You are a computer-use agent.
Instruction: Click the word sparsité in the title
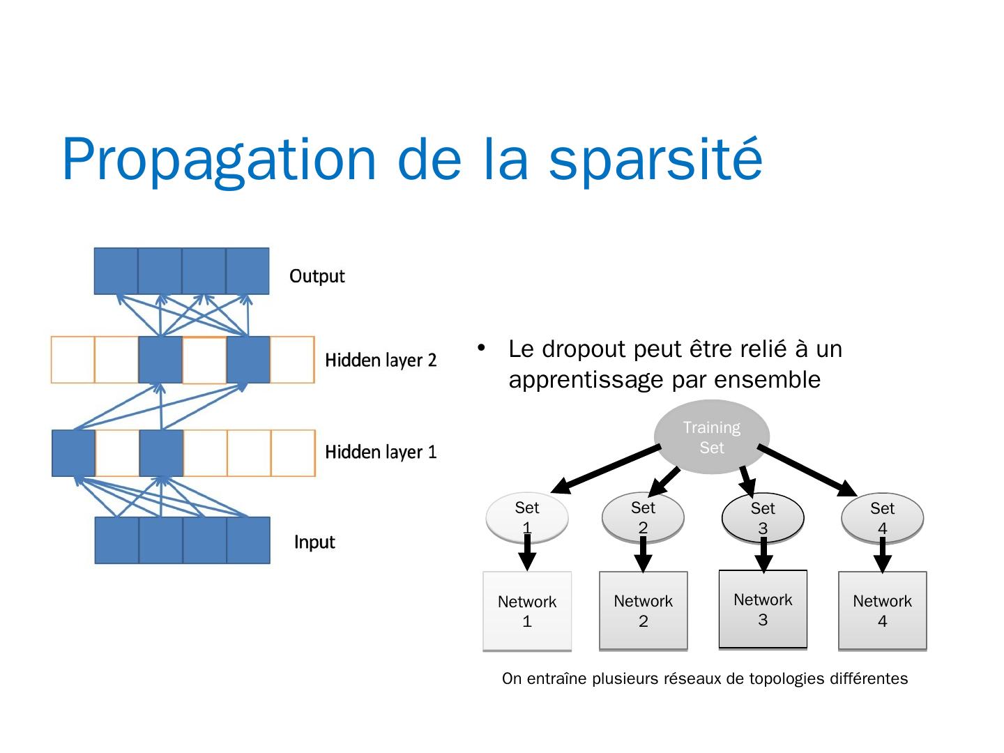[655, 159]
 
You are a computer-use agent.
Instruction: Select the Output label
[317, 276]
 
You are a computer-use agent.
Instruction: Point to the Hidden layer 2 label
[381, 360]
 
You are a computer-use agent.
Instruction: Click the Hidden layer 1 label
[381, 452]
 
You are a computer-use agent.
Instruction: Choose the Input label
[314, 542]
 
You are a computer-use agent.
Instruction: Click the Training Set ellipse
[711, 437]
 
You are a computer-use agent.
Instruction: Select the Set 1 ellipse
[527, 517]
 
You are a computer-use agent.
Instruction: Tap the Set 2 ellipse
[643, 517]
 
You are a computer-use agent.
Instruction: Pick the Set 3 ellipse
[763, 518]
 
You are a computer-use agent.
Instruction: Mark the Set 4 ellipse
[882, 518]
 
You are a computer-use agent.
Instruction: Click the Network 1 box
[527, 611]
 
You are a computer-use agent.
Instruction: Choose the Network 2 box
[643, 611]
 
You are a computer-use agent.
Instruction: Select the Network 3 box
[763, 609]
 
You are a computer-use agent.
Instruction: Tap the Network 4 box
[882, 611]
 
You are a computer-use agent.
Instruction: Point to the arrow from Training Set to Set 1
[607, 469]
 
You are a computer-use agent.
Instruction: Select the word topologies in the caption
[782, 678]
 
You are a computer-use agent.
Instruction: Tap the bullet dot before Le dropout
[480, 347]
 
